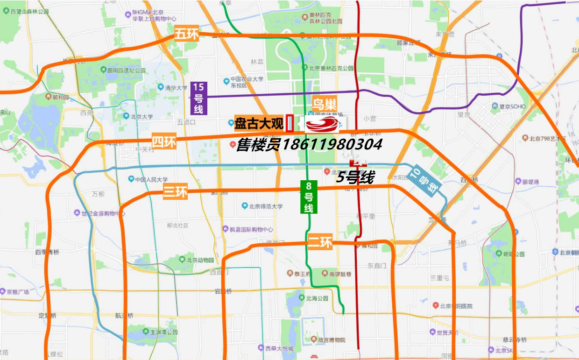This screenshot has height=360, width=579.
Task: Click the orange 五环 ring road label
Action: pyautogui.click(x=187, y=34)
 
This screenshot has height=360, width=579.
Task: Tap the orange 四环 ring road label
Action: pyautogui.click(x=164, y=141)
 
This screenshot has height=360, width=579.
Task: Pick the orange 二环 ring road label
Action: pyautogui.click(x=320, y=242)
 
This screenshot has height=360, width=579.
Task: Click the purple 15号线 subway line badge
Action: pyautogui.click(x=198, y=98)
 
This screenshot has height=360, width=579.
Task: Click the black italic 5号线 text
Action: pyautogui.click(x=355, y=177)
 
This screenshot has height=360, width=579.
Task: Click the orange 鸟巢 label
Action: pyautogui.click(x=325, y=104)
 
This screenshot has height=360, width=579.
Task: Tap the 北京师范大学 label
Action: pyautogui.click(x=265, y=206)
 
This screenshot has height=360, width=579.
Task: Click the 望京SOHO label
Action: pyautogui.click(x=512, y=106)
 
